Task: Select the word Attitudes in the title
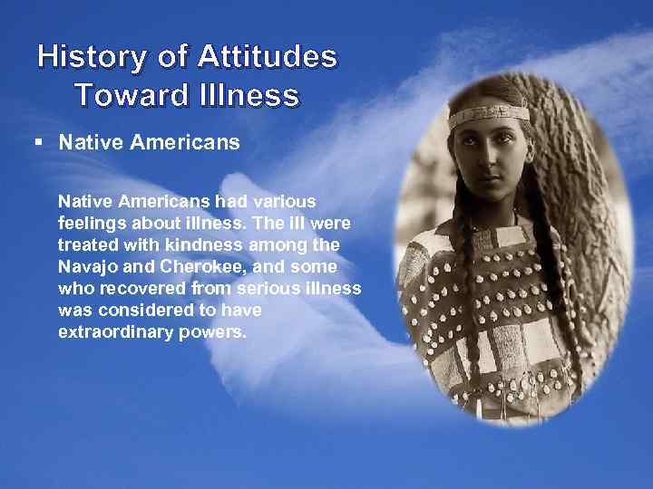point(267,58)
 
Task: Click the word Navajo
point(84,267)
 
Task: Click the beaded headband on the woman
point(491,116)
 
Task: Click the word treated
point(87,244)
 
